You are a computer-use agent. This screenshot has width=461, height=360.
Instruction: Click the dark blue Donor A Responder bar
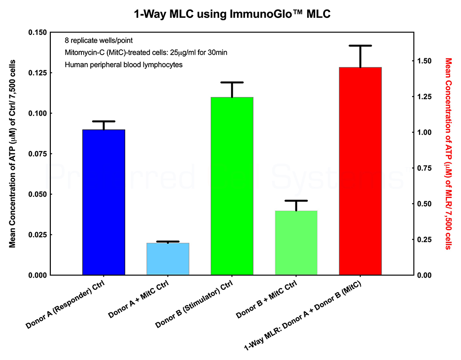point(103,202)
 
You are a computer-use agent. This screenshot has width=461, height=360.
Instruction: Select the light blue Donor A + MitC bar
point(168,259)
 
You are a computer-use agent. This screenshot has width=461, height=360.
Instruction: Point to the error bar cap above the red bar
point(360,46)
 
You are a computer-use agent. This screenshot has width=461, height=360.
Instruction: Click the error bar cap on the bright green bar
point(232,82)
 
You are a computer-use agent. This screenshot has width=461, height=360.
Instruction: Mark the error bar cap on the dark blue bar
point(103,121)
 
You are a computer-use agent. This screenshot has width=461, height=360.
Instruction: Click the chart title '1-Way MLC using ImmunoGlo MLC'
point(232,14)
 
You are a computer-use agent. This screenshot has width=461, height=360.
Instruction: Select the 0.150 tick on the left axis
point(43,32)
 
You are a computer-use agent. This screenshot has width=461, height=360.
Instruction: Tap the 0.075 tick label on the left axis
point(43,154)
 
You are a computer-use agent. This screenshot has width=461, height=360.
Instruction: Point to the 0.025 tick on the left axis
point(43,235)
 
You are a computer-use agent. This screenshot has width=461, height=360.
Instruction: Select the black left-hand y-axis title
point(13,153)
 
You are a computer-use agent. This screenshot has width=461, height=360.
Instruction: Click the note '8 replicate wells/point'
point(95,40)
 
